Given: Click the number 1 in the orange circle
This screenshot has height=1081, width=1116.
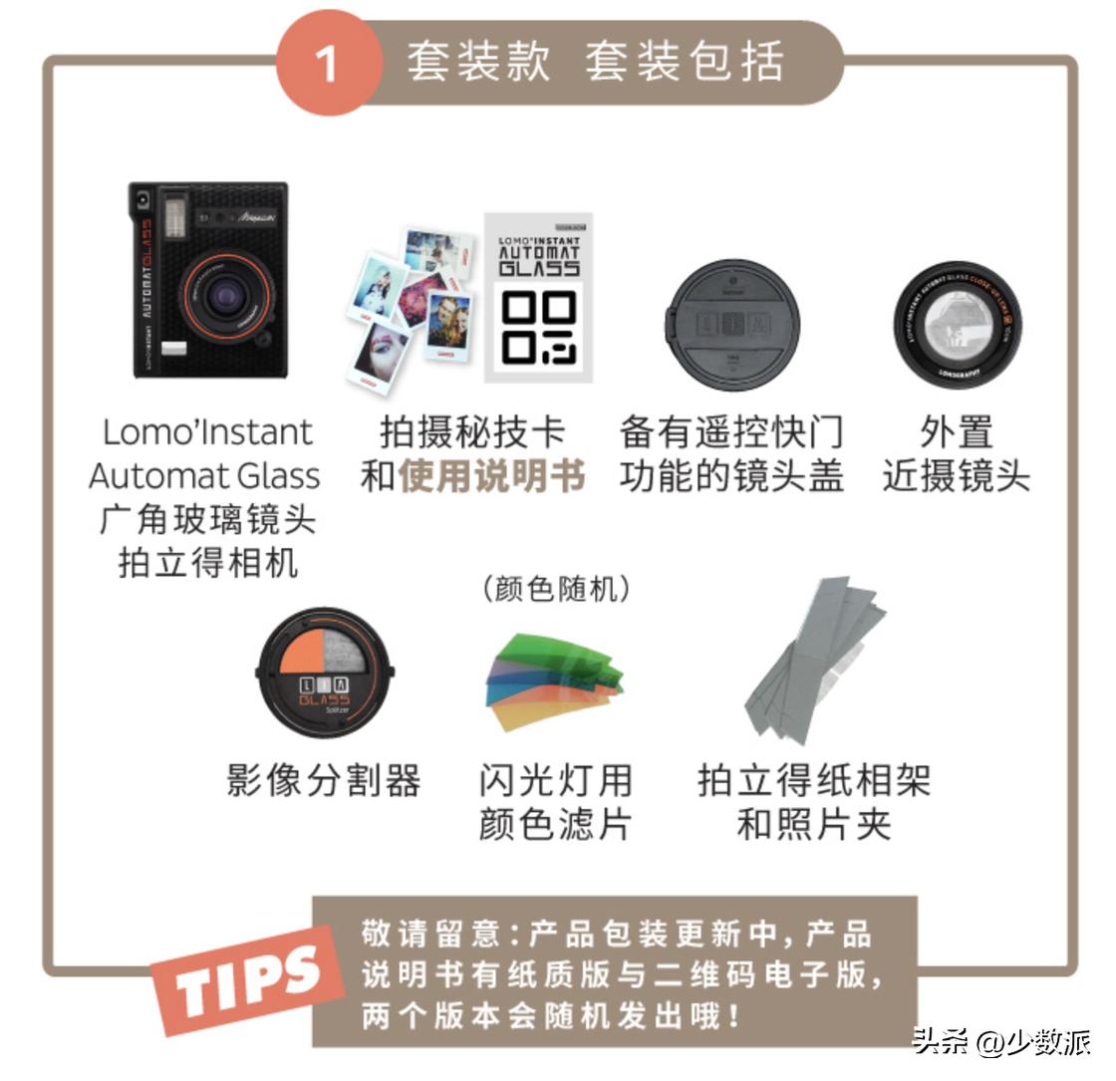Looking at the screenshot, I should tap(328, 65).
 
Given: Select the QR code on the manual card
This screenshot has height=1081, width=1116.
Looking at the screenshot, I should tap(538, 329).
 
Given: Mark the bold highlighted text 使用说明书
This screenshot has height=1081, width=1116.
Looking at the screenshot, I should tap(492, 476).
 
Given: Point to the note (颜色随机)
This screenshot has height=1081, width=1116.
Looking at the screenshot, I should tap(556, 589).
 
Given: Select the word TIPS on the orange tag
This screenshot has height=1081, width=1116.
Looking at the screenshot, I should tap(245, 977).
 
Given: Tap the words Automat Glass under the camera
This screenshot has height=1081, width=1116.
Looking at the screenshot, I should tap(204, 475).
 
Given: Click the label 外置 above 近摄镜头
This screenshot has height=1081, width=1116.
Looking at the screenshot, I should tap(957, 432).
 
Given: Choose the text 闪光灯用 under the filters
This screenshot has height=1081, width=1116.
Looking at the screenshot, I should tap(555, 780).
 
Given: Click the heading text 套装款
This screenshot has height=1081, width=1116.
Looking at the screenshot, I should tap(477, 62).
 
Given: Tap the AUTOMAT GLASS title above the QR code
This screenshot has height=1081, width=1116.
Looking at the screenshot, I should tap(538, 254).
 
